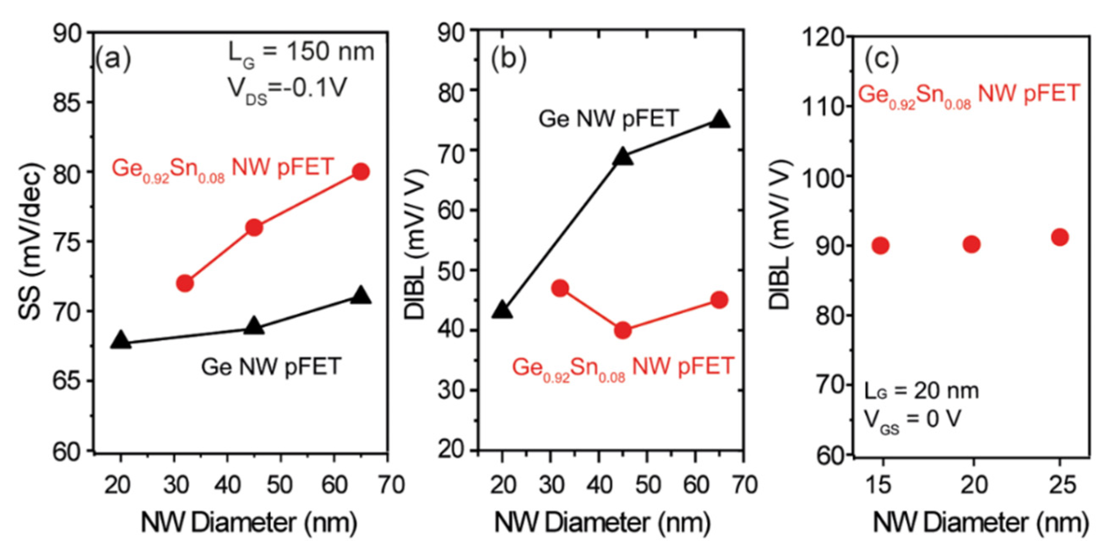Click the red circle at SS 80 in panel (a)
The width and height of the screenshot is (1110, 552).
[x=361, y=172]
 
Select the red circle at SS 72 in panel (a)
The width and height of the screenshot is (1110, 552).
[x=185, y=283]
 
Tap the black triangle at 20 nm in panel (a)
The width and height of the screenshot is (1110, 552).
[x=121, y=340]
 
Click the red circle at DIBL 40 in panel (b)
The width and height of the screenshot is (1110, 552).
[x=623, y=331]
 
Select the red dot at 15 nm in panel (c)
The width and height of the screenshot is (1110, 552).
[x=880, y=246]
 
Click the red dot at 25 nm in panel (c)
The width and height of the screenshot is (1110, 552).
[x=1060, y=237]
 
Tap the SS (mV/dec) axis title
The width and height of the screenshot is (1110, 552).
[x=31, y=241]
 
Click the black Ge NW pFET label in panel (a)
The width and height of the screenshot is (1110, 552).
[x=271, y=367]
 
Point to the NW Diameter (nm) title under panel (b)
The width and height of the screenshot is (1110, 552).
[x=602, y=522]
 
